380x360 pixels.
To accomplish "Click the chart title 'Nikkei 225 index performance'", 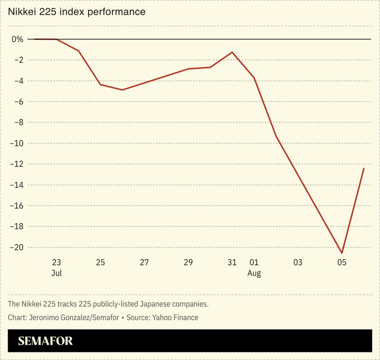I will click(76, 11).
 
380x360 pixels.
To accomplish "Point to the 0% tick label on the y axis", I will click(18, 39).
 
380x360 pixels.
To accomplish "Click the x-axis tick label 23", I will click(57, 263).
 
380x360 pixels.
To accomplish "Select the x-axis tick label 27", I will click(145, 263).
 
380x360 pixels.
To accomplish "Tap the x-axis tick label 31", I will click(232, 263).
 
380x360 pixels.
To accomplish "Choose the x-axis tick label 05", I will click(341, 263).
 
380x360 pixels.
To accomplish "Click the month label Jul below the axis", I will click(57, 273).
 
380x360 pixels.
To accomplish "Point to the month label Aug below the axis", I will click(254, 273).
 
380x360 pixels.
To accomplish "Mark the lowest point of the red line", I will click(342, 253).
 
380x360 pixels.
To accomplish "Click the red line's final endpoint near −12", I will click(364, 168).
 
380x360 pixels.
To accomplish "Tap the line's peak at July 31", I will click(232, 52).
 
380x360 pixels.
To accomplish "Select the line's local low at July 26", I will click(123, 90).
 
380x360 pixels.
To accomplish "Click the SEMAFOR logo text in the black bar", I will click(46, 341).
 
